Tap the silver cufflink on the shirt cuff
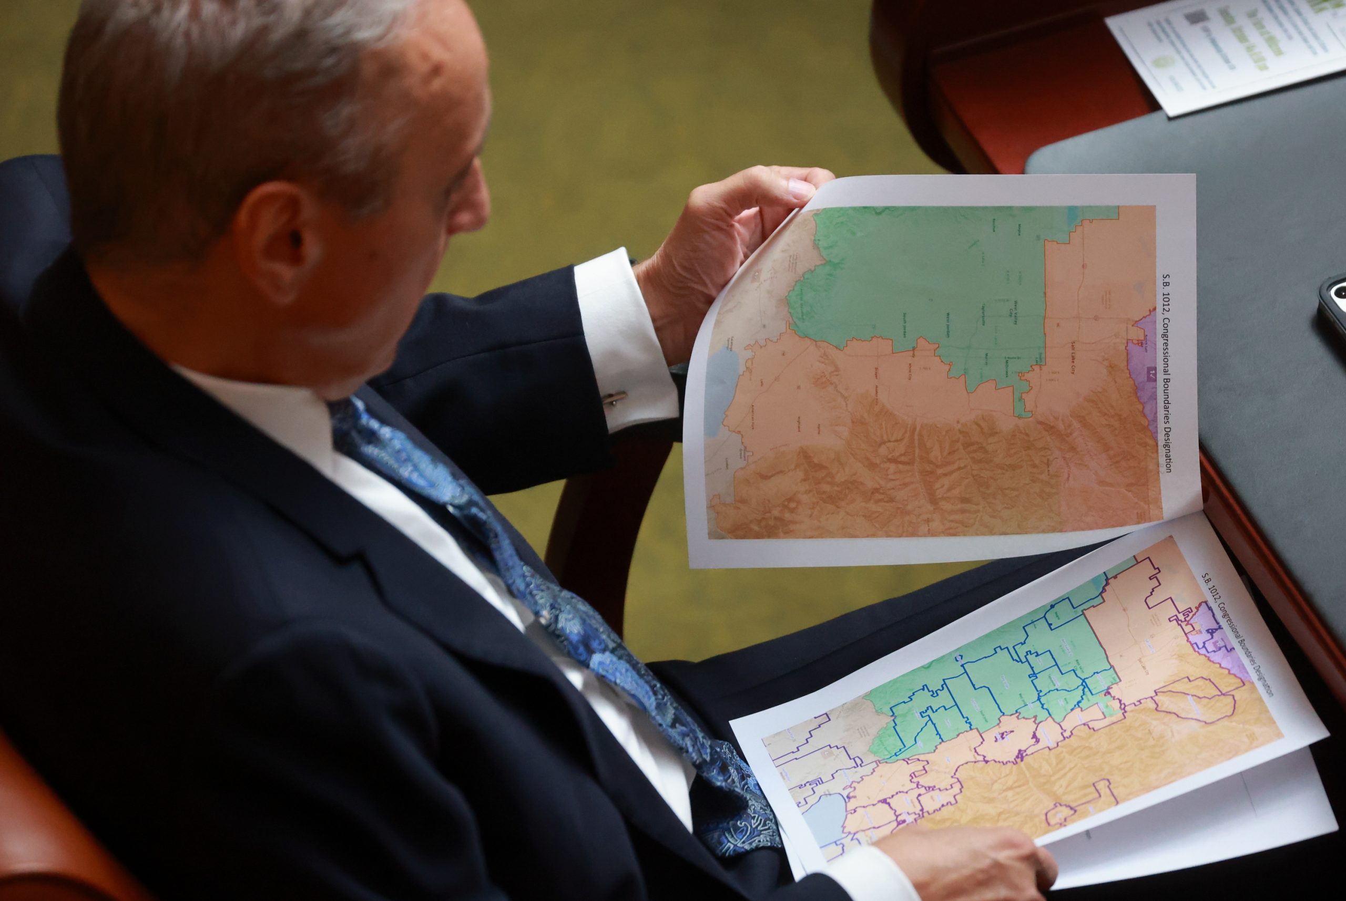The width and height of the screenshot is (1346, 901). (616, 398)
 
